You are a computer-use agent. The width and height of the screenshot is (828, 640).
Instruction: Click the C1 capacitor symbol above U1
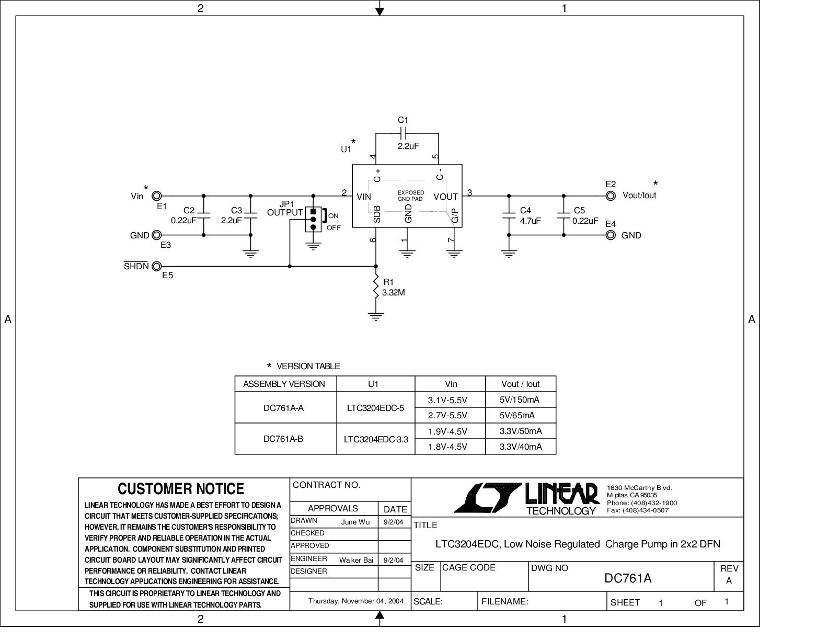(404, 133)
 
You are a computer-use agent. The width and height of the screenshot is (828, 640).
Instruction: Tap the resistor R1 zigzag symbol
(376, 286)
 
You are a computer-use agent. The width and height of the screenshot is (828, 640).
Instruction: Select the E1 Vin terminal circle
(157, 196)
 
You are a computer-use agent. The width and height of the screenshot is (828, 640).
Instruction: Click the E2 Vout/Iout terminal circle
(611, 196)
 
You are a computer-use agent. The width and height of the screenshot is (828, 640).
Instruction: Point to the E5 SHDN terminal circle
(157, 266)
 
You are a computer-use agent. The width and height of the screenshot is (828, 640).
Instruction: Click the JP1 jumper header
(313, 219)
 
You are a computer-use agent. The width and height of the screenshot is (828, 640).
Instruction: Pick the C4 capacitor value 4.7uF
(531, 221)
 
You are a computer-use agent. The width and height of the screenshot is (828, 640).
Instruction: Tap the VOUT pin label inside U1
(445, 197)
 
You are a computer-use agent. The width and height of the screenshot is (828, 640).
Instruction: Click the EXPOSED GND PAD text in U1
(411, 196)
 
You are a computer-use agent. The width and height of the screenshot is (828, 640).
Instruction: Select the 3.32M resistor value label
(393, 293)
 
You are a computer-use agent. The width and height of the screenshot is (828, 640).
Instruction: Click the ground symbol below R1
(376, 316)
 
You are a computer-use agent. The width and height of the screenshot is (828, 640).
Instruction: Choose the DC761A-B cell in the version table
(283, 439)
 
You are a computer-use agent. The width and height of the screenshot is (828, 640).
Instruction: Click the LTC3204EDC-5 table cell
(375, 408)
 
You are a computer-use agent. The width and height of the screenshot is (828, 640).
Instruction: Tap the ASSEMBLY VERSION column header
(284, 384)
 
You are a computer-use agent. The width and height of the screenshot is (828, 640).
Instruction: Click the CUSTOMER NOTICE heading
(181, 489)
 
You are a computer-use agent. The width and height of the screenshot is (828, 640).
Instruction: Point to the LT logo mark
(488, 497)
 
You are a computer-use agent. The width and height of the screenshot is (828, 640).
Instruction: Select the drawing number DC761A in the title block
(628, 578)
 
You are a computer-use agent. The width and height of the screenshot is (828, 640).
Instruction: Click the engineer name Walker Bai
(356, 560)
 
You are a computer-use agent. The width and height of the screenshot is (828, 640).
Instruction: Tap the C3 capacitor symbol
(250, 215)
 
